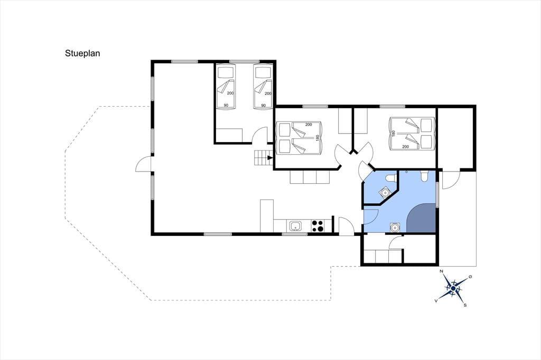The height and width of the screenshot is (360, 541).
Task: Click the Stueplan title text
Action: pyautogui.click(x=82, y=53)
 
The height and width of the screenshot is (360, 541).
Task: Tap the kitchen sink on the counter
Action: pyautogui.click(x=296, y=226)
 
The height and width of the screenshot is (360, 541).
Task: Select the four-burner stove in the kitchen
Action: pyautogui.click(x=318, y=226)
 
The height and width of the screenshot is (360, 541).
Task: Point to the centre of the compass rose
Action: pyautogui.click(x=453, y=288)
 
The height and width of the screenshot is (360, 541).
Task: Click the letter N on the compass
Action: pyautogui.click(x=441, y=271)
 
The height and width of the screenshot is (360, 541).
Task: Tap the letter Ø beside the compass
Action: pyautogui.click(x=470, y=277)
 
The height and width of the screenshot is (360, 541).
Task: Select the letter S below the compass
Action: pyautogui.click(x=465, y=305)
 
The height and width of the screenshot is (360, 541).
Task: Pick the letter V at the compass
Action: pyautogui.click(x=436, y=301)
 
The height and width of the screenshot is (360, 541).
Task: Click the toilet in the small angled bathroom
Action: pyautogui.click(x=390, y=177)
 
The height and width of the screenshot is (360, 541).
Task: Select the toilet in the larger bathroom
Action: pyautogui.click(x=425, y=176)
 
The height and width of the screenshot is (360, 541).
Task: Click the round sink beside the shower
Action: pyautogui.click(x=395, y=227)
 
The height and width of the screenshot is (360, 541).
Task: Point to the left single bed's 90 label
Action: pyautogui.click(x=226, y=105)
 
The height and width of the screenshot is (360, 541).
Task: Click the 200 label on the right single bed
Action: pyautogui.click(x=268, y=93)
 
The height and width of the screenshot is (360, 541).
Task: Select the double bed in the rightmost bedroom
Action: pyautogui.click(x=411, y=134)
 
